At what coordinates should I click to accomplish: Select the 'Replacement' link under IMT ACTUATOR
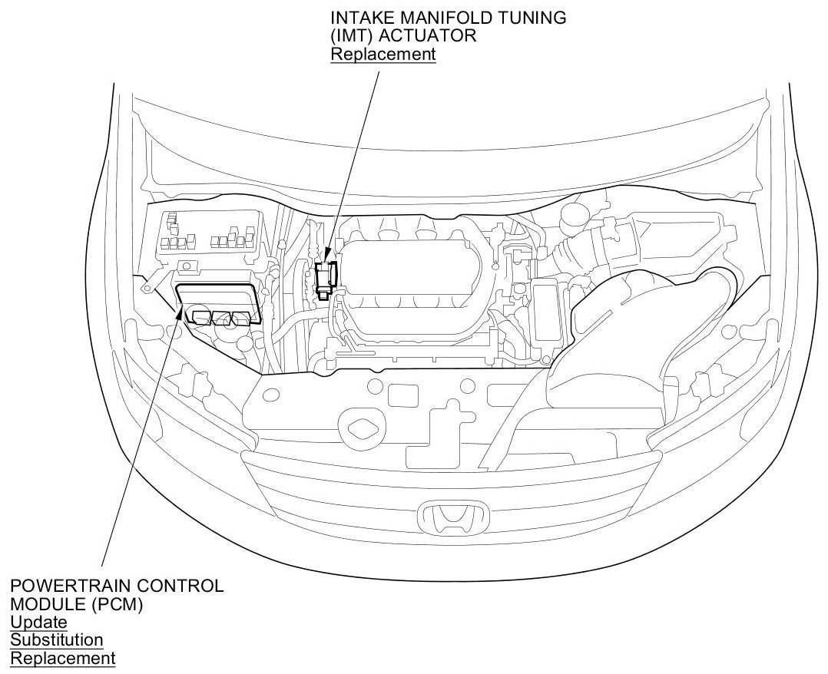click(x=383, y=54)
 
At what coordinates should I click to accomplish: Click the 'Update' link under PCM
click(x=38, y=622)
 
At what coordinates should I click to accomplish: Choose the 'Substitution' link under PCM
click(x=57, y=639)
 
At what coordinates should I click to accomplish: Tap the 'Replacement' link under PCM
click(x=62, y=658)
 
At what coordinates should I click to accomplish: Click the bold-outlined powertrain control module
click(x=219, y=304)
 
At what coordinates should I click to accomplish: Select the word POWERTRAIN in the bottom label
click(x=68, y=585)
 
